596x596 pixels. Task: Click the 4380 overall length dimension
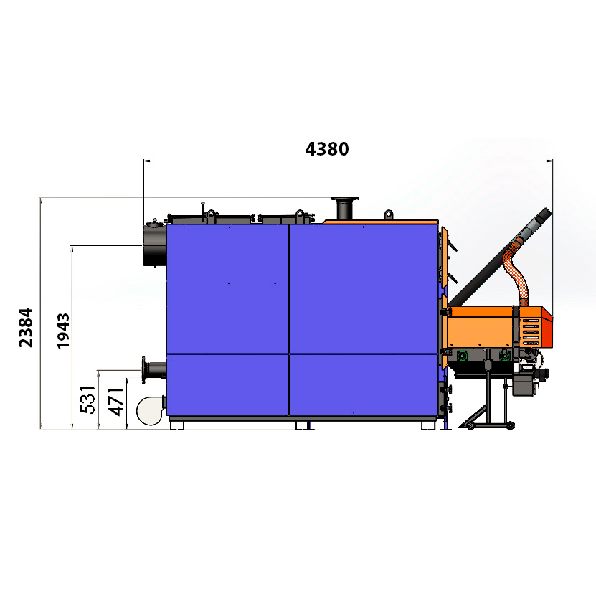[327, 149]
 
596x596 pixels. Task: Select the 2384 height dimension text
[26, 328]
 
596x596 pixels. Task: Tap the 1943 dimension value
[63, 331]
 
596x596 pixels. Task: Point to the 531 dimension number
[87, 399]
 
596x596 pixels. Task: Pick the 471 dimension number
[116, 402]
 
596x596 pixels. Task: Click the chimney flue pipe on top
[344, 208]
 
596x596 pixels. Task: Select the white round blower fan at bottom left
[151, 410]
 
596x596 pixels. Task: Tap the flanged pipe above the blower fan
[153, 369]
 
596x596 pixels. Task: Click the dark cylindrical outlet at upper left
[155, 245]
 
